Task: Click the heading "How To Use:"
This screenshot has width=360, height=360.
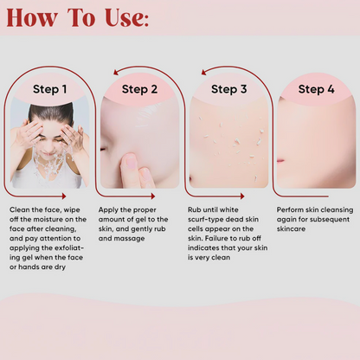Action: click(77, 18)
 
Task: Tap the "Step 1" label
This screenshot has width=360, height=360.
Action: click(49, 89)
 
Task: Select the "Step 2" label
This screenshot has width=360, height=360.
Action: click(139, 89)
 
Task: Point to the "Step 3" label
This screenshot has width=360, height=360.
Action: click(229, 89)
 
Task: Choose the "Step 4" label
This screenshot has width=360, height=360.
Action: click(316, 89)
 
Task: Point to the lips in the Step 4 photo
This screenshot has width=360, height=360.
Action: click(280, 161)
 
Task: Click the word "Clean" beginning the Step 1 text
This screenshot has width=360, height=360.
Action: click(20, 210)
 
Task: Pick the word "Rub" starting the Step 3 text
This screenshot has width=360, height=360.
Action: click(195, 210)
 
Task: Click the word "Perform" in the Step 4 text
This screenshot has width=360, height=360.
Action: click(292, 210)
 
